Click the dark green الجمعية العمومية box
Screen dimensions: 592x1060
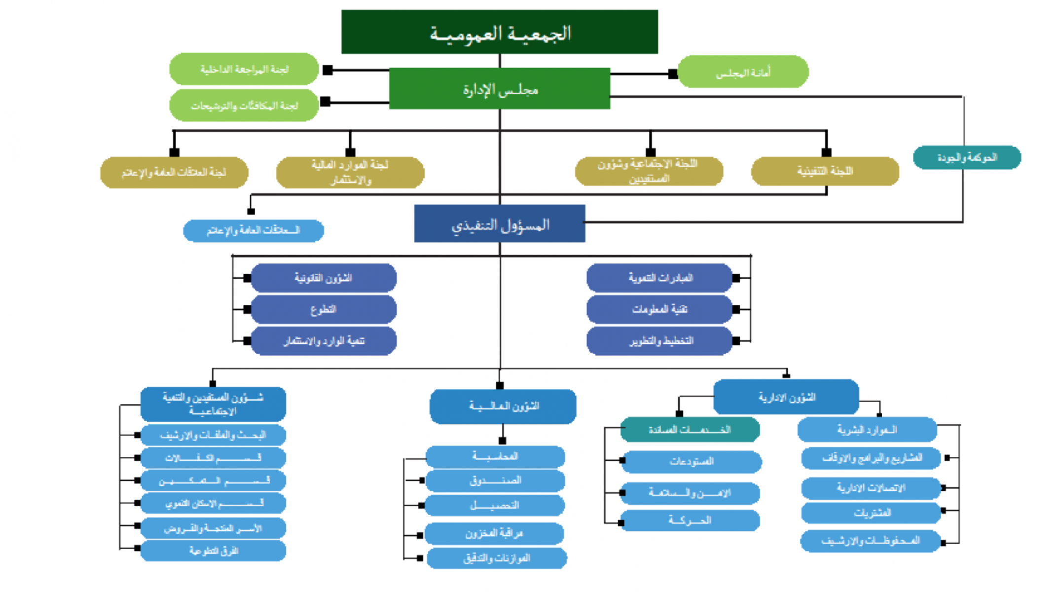point(499,32)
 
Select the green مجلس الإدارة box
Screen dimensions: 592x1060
point(499,89)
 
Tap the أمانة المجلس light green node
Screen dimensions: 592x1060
point(743,72)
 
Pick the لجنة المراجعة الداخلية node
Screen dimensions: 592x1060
point(244,69)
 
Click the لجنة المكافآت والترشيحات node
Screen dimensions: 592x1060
point(244,105)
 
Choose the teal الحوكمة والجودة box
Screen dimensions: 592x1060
point(967,157)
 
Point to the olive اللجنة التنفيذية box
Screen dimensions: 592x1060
point(825,171)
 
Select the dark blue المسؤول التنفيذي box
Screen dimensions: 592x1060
point(499,224)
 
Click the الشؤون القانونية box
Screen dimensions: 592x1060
point(324,278)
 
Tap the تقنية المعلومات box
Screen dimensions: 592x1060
point(659,309)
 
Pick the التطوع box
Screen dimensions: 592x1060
point(324,309)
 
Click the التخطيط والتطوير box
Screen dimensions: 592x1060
point(659,340)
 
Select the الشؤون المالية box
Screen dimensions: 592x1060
point(503,406)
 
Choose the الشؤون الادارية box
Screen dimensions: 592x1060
point(786,397)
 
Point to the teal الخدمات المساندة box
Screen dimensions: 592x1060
point(690,430)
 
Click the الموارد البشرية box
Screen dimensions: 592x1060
point(867,430)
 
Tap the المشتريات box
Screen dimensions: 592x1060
point(871,513)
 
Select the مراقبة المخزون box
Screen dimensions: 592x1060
point(494,533)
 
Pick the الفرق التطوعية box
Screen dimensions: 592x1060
point(213,551)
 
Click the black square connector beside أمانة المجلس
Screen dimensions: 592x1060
point(673,74)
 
